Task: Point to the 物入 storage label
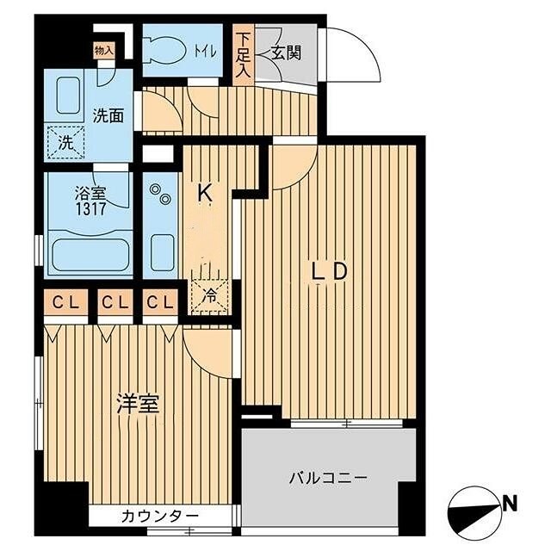click(103, 51)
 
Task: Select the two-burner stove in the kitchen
click(160, 200)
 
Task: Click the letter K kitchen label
click(206, 194)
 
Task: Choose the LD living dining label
click(329, 271)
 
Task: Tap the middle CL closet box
click(113, 304)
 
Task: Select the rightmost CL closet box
click(160, 304)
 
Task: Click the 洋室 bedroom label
click(139, 405)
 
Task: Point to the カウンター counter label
click(160, 516)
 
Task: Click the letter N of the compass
click(509, 501)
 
